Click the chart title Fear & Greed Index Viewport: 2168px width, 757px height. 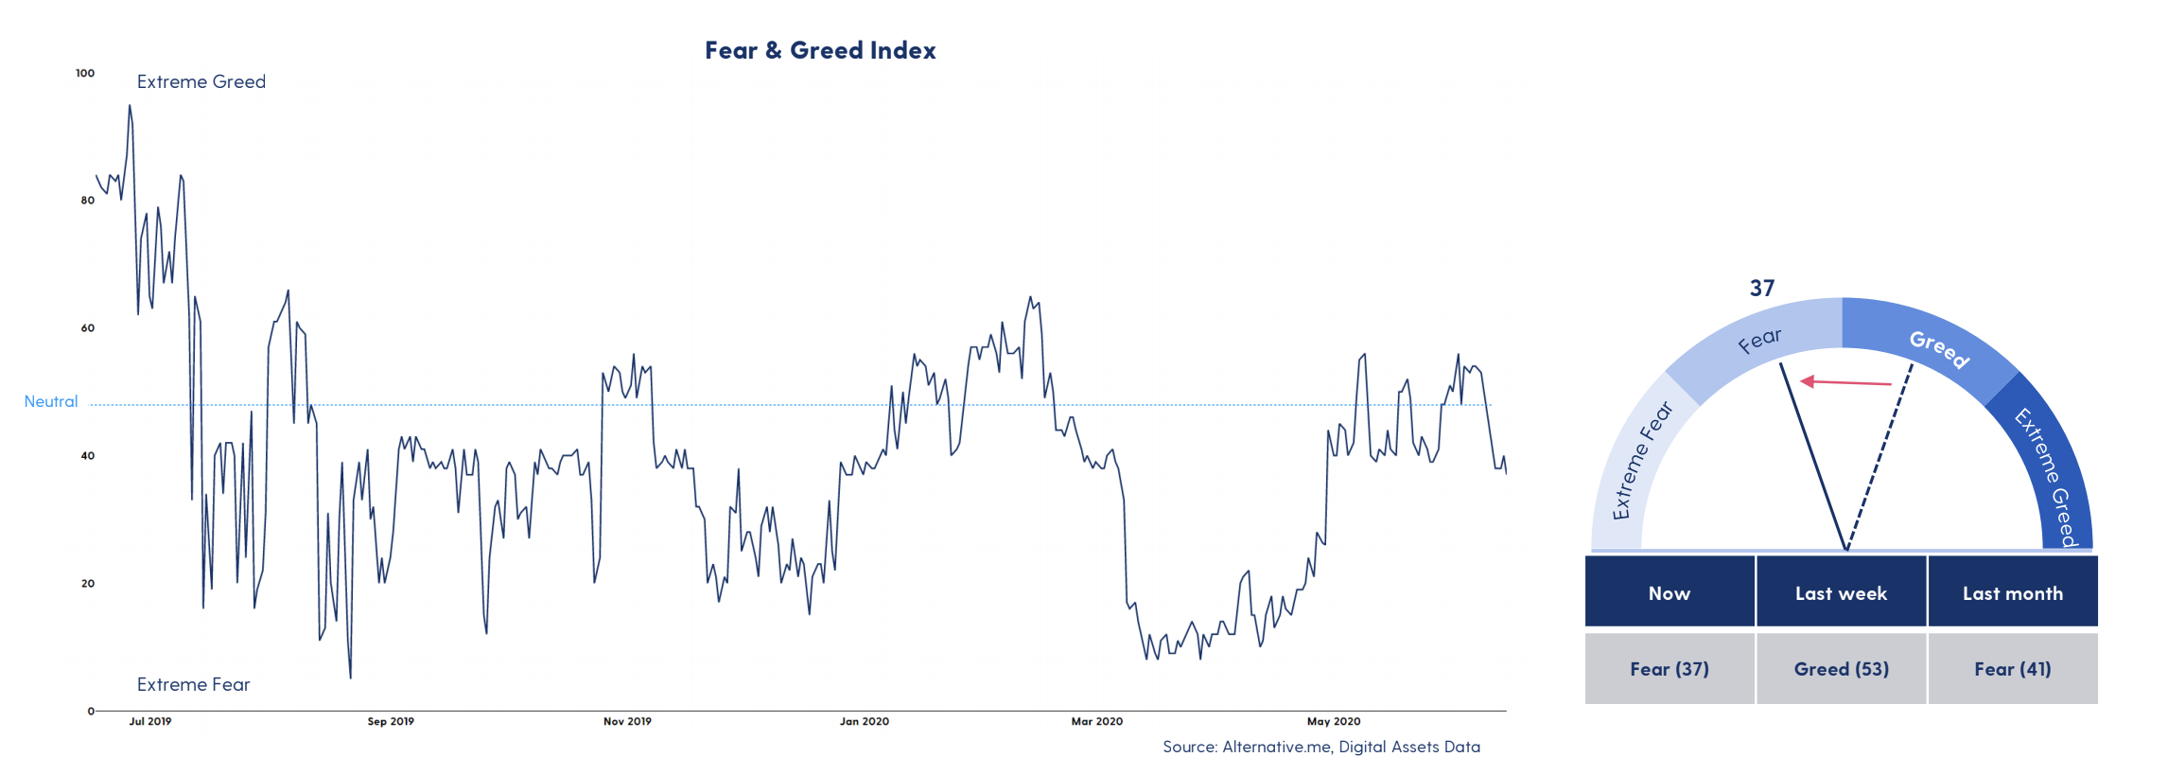(820, 50)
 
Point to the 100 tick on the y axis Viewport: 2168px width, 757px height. (85, 73)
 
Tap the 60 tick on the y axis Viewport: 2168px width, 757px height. (88, 328)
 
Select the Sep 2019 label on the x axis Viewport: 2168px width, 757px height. (391, 721)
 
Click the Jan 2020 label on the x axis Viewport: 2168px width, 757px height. (864, 721)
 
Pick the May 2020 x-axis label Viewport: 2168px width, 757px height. (1334, 721)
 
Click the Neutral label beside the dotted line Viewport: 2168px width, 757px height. (51, 401)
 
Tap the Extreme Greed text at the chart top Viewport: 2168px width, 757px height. (201, 82)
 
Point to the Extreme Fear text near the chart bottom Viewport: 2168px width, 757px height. (193, 684)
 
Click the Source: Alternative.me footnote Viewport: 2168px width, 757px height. (1320, 747)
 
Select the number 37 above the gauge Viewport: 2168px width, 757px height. (1761, 289)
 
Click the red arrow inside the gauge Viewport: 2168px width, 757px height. (1845, 382)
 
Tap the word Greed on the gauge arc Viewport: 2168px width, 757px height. (1939, 348)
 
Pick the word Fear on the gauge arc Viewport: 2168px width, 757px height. (1759, 341)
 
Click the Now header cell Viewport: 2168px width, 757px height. (1670, 593)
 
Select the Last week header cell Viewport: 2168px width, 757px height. (1841, 593)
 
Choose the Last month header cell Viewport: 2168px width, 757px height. (2012, 593)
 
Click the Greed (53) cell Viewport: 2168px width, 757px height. (1841, 669)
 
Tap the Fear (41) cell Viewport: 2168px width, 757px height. (2012, 669)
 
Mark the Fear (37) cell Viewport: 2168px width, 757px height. (1670, 669)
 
